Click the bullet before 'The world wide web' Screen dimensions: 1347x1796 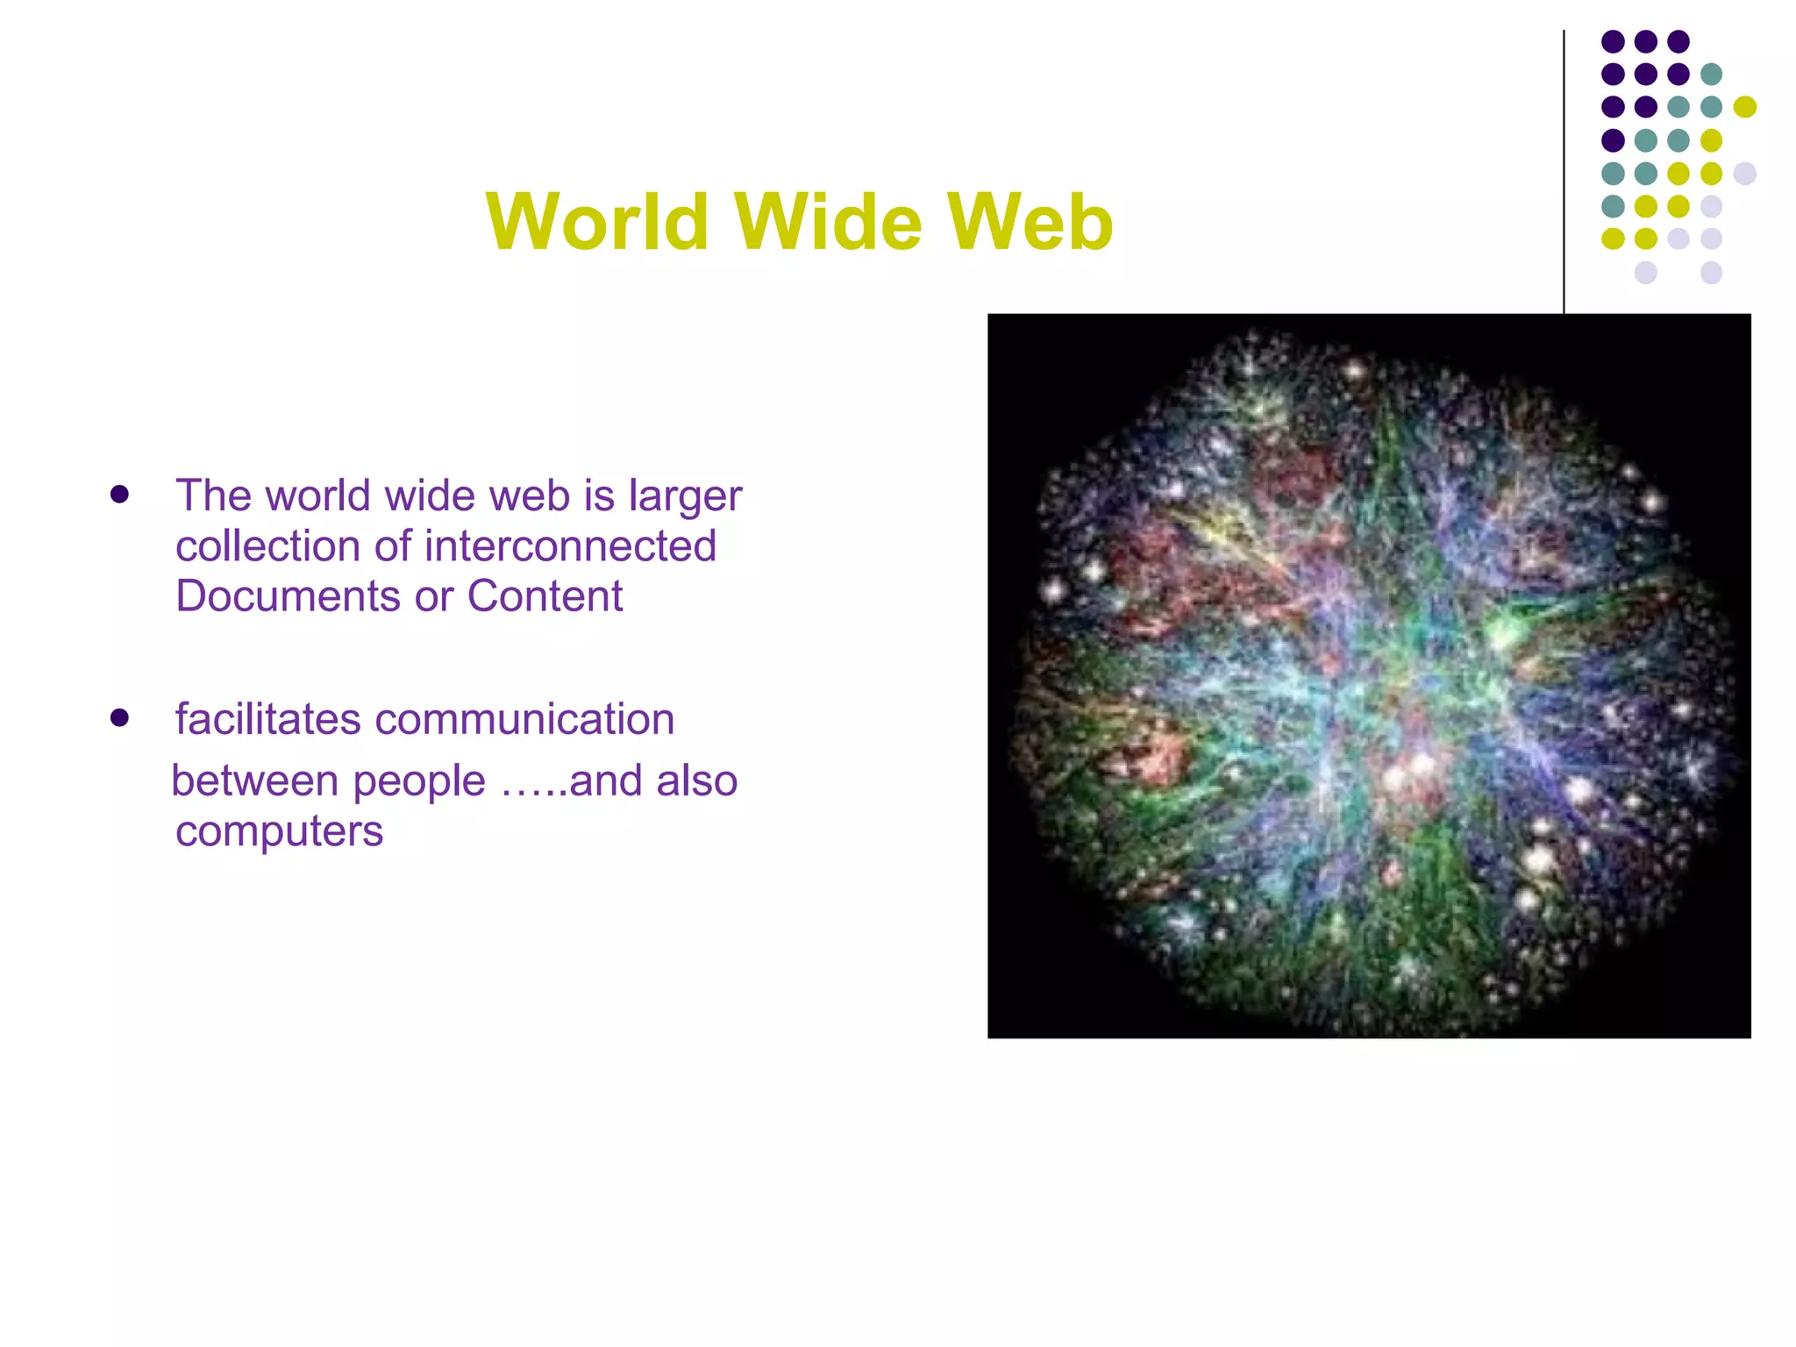120,495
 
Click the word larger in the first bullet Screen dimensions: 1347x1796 685,496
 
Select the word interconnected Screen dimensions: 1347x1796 570,546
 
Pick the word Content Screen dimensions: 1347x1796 545,596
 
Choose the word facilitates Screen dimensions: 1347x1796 268,719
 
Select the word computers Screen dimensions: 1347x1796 279,830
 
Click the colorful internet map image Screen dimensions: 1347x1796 1368,675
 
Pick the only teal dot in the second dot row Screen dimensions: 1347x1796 1711,74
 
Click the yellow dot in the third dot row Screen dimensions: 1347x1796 1744,107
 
